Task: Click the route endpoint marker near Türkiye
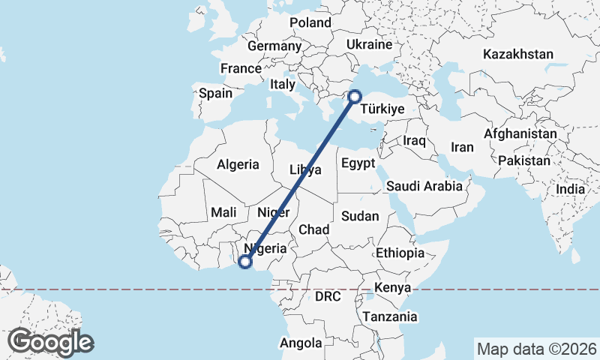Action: pyautogui.click(x=355, y=96)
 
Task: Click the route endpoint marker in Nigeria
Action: pyautogui.click(x=244, y=262)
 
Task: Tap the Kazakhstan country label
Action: pyautogui.click(x=518, y=54)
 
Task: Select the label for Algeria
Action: pyautogui.click(x=238, y=164)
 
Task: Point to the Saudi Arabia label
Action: pyautogui.click(x=424, y=186)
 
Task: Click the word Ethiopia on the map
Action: pyautogui.click(x=400, y=253)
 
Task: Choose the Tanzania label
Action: pyautogui.click(x=389, y=316)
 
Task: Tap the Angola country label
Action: pyautogui.click(x=300, y=343)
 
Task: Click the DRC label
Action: pyautogui.click(x=328, y=297)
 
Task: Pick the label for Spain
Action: pyautogui.click(x=216, y=94)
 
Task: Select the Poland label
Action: pyautogui.click(x=310, y=22)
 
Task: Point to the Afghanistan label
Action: pyautogui.click(x=520, y=133)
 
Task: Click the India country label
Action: pyautogui.click(x=571, y=190)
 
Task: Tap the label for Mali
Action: pyautogui.click(x=224, y=212)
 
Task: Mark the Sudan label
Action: pyautogui.click(x=360, y=216)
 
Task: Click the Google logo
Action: pyautogui.click(x=51, y=342)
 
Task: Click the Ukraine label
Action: pyautogui.click(x=369, y=45)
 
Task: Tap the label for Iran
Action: pyautogui.click(x=462, y=147)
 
